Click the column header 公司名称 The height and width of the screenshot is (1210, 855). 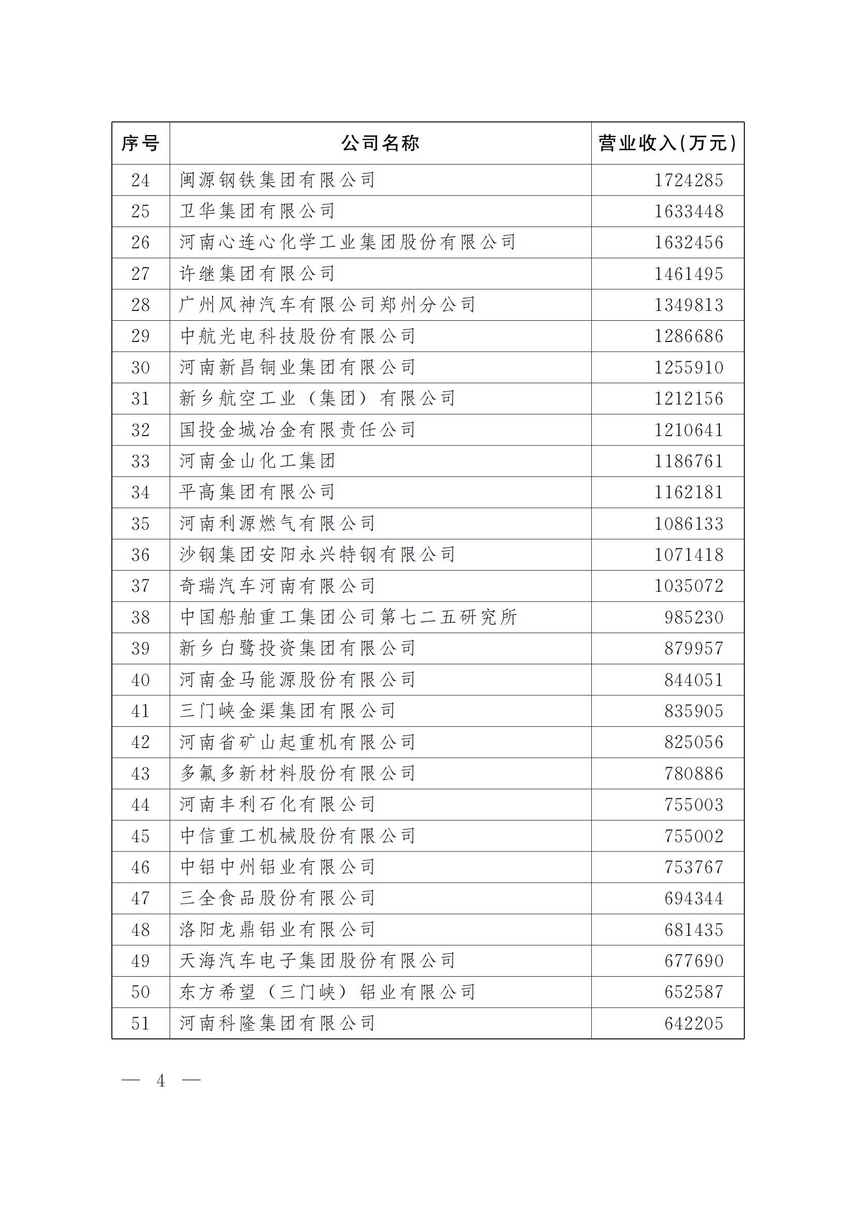click(380, 143)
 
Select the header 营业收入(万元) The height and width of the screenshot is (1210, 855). click(667, 143)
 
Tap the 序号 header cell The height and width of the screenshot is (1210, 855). click(140, 143)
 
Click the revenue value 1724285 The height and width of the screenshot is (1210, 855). click(688, 180)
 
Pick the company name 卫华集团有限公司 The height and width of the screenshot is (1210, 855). click(257, 212)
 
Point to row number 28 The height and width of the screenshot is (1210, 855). click(140, 305)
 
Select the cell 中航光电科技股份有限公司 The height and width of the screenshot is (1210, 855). click(297, 336)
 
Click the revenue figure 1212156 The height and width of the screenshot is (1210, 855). click(688, 398)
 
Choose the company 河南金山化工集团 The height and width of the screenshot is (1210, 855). click(257, 461)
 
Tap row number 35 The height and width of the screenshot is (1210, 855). click(140, 524)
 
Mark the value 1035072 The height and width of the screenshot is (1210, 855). click(688, 586)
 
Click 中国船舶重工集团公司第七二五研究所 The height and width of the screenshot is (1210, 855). click(348, 617)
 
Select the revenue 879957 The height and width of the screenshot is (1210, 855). click(694, 648)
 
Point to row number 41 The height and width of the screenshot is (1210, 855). click(140, 711)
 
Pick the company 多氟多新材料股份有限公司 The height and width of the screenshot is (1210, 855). click(297, 773)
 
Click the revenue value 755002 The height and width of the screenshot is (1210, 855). click(694, 836)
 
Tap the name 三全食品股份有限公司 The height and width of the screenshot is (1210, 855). click(277, 899)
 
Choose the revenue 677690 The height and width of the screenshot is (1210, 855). click(694, 961)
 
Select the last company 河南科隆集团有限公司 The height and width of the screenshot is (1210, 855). click(277, 1023)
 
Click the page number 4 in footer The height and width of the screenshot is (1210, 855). click(161, 1081)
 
